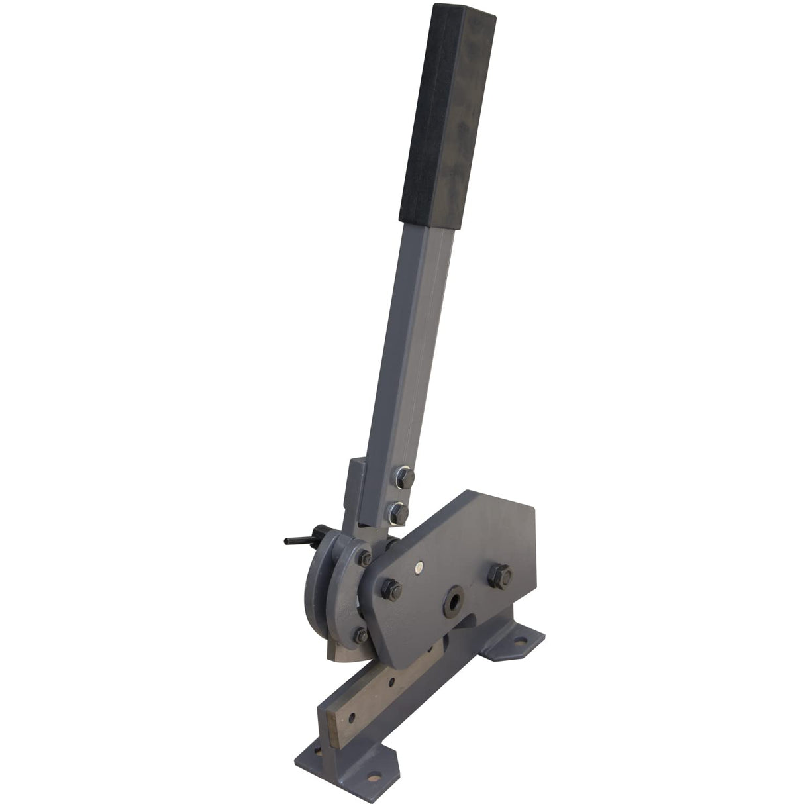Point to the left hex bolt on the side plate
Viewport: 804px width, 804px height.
pos(389,588)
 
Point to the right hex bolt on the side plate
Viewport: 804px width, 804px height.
pos(499,574)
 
